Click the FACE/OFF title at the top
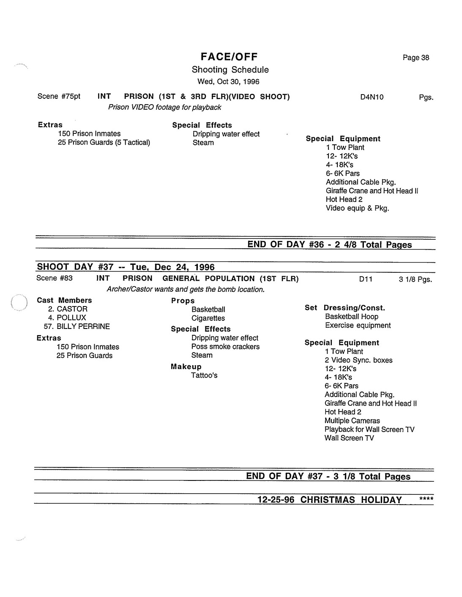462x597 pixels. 229,57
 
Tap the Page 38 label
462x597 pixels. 416,58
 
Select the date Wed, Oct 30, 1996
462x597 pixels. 228,81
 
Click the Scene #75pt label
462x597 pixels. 59,96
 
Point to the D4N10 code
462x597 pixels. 372,97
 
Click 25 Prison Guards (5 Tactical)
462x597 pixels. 104,142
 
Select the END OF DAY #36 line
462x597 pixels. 329,244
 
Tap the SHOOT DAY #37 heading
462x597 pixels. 126,267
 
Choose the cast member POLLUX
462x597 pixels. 71,317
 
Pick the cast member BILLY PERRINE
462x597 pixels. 83,326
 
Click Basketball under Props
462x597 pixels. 208,309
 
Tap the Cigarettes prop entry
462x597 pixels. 208,318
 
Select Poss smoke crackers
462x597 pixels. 225,347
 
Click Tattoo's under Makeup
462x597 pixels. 204,375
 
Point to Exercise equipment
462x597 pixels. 358,326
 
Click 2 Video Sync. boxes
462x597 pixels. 358,360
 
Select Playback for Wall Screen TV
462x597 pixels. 369,429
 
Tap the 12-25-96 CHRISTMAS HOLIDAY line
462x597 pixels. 330,500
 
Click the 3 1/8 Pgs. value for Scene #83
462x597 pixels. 415,279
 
